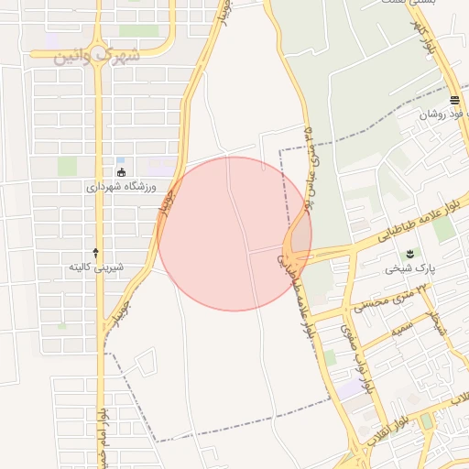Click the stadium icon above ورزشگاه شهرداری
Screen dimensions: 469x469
coord(121,171)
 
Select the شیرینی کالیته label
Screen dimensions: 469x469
coord(96,267)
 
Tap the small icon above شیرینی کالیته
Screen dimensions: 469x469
coord(96,252)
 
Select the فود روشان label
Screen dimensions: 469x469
coord(443,115)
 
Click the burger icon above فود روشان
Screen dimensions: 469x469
coord(454,100)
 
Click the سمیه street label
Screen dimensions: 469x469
coord(400,330)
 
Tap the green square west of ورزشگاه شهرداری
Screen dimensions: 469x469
coord(67,166)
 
